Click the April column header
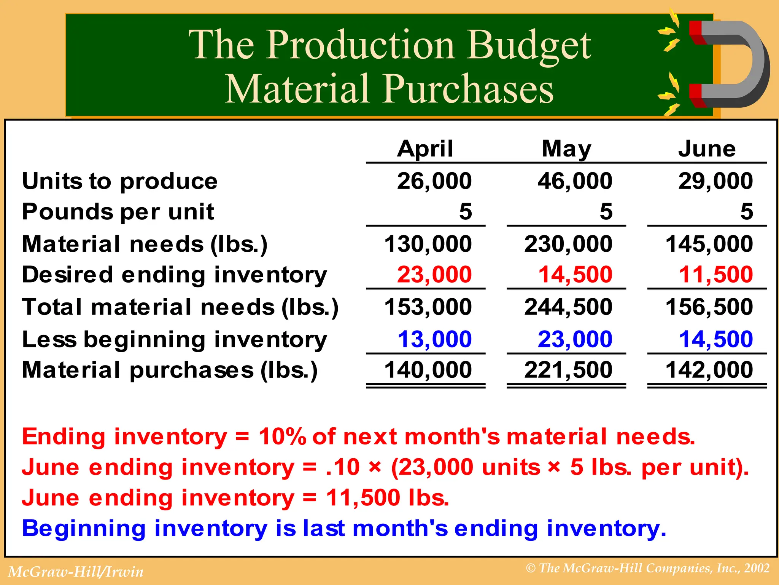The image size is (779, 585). tap(425, 149)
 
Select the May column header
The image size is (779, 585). tap(566, 149)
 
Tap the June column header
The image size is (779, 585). tap(707, 149)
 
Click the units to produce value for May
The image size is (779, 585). tap(575, 181)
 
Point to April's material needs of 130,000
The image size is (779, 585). tap(428, 244)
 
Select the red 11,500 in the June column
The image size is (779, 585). tap(715, 275)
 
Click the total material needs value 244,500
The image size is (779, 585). tap(568, 307)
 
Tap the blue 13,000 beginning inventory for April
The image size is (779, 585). tap(434, 339)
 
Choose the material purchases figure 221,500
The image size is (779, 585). tap(568, 370)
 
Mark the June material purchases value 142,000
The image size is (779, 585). tap(709, 370)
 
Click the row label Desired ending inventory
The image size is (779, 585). tap(175, 275)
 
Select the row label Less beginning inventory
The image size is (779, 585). tap(175, 339)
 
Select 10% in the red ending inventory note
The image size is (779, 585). tap(282, 436)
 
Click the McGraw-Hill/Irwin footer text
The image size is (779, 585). tap(76, 572)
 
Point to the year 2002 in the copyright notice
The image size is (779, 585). tap(757, 568)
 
